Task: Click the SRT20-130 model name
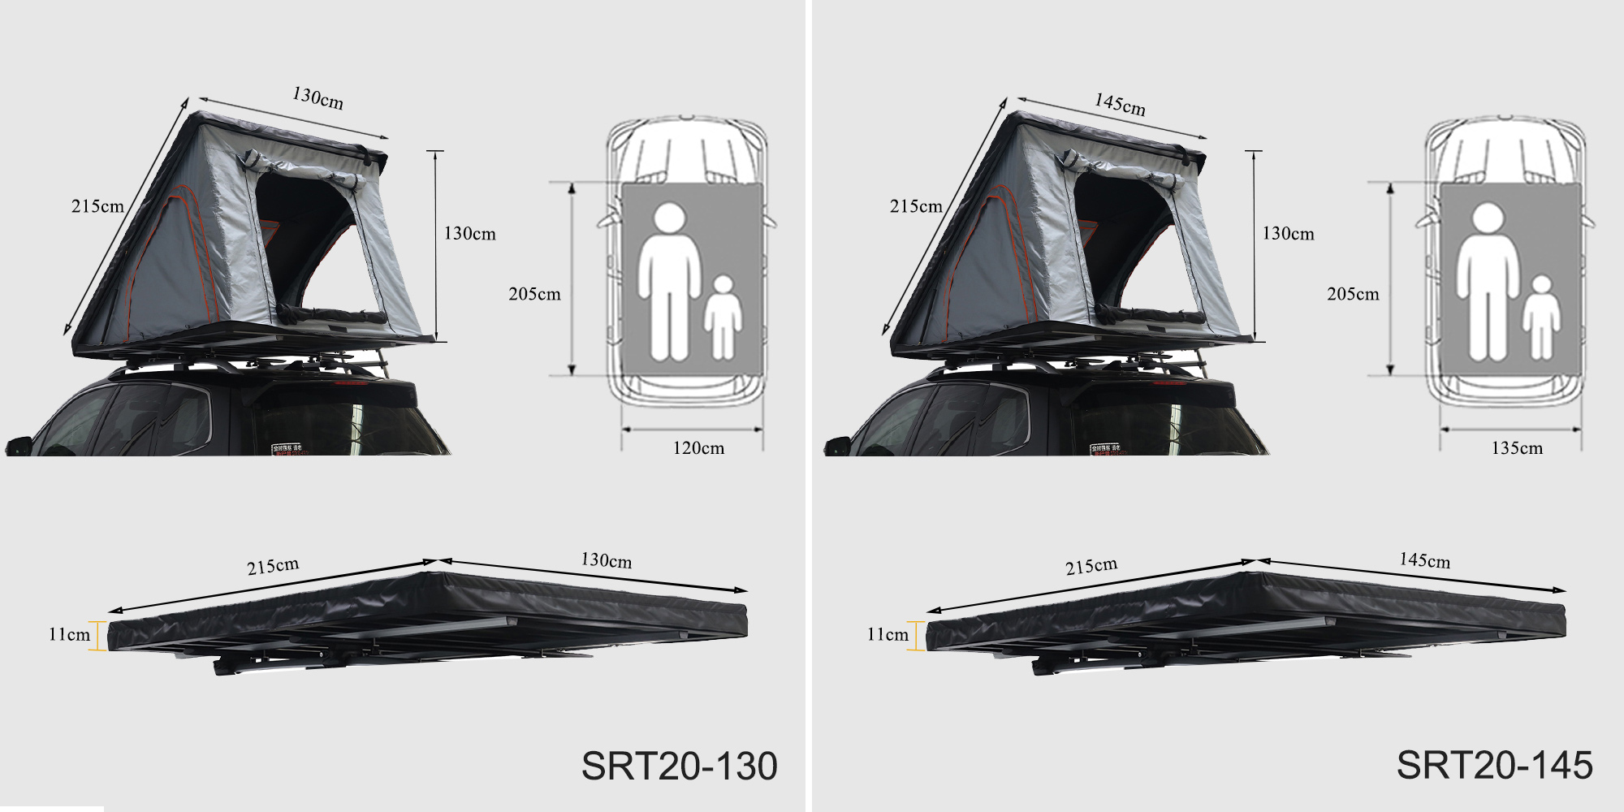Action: [x=680, y=766]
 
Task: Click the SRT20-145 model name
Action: [x=1495, y=766]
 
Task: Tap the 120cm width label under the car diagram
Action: [x=698, y=448]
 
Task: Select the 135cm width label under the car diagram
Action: [x=1517, y=448]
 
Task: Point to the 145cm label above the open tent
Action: [x=1120, y=105]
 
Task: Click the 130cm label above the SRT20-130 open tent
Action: [x=317, y=98]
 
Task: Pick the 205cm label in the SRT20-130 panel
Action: [x=534, y=294]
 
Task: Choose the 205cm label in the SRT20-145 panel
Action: [x=1353, y=294]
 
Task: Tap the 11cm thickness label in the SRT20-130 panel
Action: [x=69, y=634]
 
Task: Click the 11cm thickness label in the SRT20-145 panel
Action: [x=888, y=634]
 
